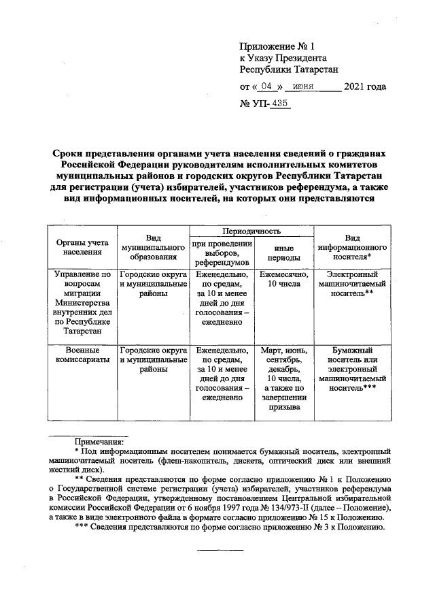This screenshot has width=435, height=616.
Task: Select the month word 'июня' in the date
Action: point(302,86)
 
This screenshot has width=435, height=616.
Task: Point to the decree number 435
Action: point(279,103)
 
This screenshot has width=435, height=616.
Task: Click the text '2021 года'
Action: point(365,86)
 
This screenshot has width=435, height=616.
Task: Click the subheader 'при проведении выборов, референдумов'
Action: point(222,253)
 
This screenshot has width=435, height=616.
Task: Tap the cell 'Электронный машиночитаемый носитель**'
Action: point(352,284)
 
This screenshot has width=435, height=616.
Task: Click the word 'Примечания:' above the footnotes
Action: point(98,442)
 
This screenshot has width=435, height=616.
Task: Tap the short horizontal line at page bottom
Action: point(220,549)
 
